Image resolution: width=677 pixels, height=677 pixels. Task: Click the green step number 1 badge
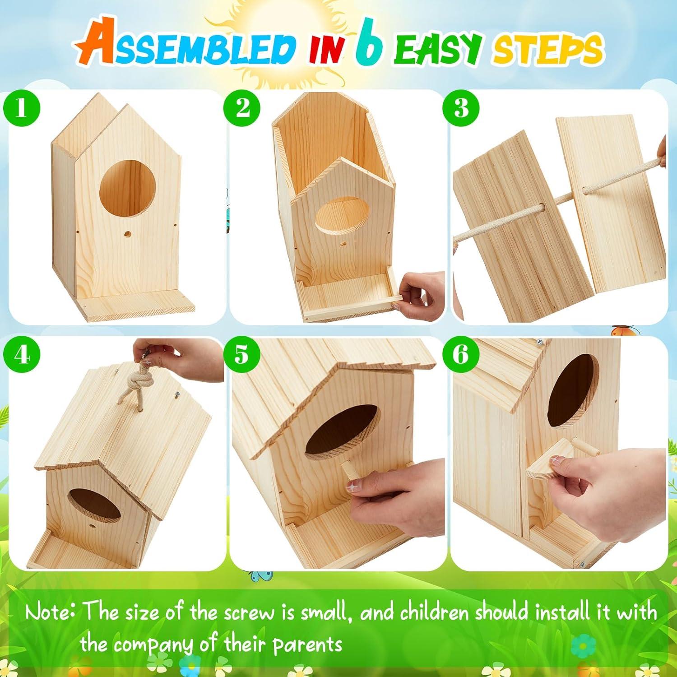(21, 109)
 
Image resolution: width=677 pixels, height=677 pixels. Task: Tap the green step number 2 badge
(242, 109)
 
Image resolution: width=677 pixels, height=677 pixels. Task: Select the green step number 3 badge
(460, 109)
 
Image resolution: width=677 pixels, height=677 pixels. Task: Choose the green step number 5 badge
(242, 355)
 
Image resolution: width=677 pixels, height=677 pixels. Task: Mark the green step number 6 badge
(460, 355)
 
